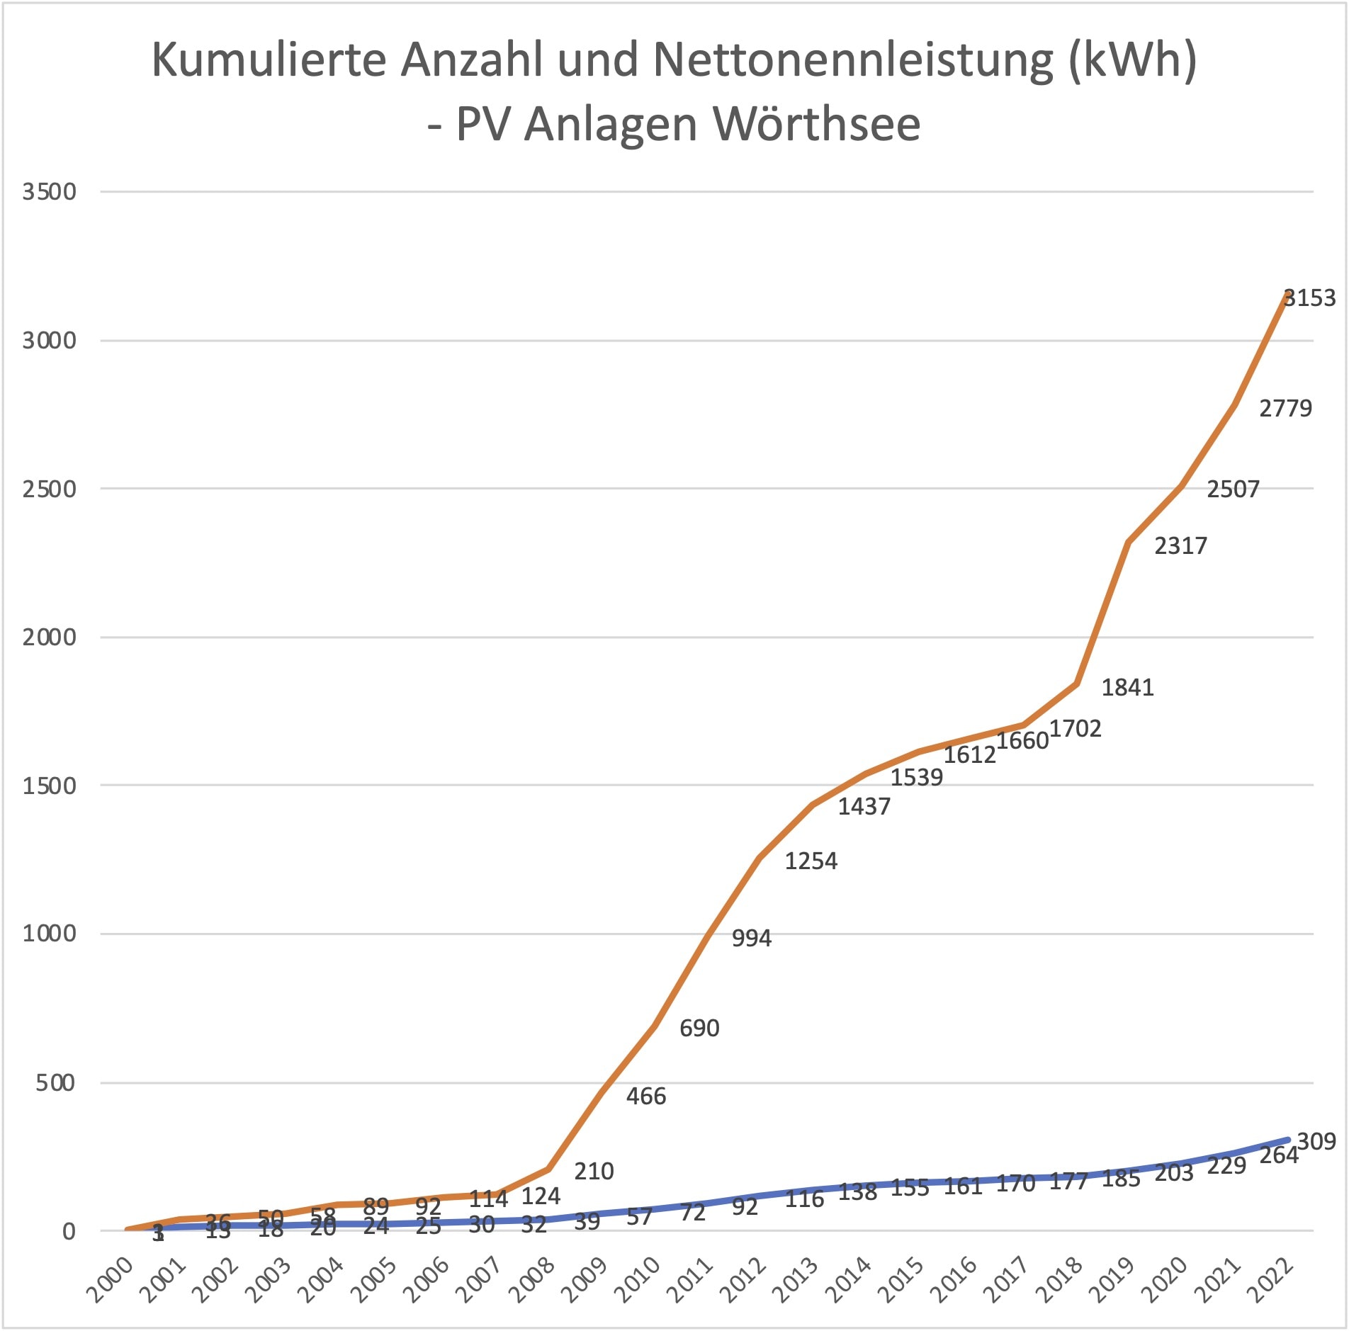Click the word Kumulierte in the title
click(269, 60)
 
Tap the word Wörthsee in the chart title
click(816, 125)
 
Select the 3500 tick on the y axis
click(49, 192)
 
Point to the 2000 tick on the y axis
click(49, 638)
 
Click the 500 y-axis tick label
click(55, 1083)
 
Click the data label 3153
click(1310, 298)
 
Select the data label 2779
click(1285, 409)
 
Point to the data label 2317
click(1180, 546)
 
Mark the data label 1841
click(1127, 687)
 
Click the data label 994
click(751, 939)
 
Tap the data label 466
click(646, 1097)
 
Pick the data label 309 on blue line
click(1316, 1141)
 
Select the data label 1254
click(811, 861)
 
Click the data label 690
click(699, 1028)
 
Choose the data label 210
click(594, 1172)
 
